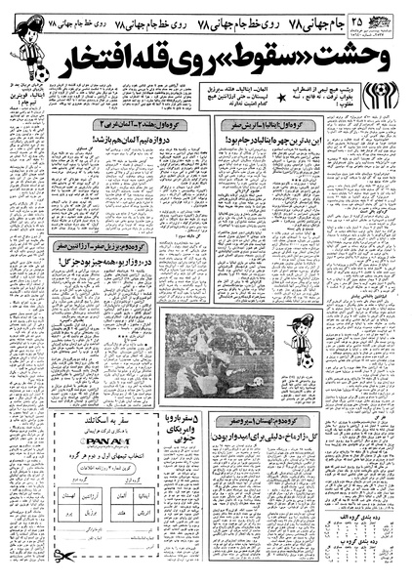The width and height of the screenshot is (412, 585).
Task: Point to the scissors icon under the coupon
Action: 63,556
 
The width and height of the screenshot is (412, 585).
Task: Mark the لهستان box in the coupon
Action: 68,496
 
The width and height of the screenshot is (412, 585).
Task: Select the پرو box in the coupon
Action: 68,513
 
